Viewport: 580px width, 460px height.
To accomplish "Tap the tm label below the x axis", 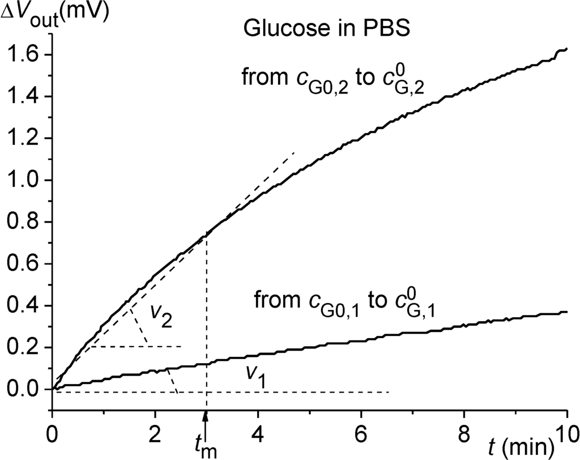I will tap(208, 448).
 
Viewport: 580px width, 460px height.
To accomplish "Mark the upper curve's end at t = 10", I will tap(566, 49).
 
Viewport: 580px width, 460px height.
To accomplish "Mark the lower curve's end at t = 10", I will tap(566, 312).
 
